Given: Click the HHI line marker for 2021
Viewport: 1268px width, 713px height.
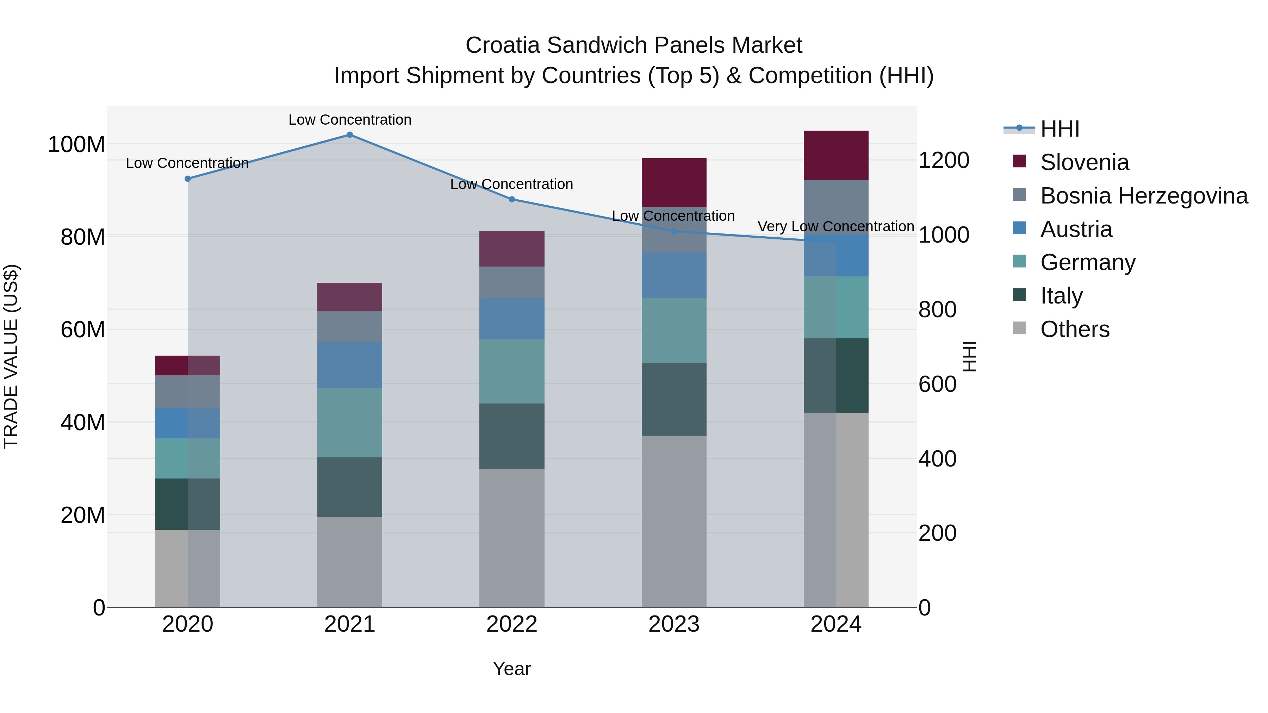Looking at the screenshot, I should pyautogui.click(x=349, y=135).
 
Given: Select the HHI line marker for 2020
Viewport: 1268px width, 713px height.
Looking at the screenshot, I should pyautogui.click(x=187, y=179).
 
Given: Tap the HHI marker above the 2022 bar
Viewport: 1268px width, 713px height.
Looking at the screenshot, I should pyautogui.click(x=512, y=199).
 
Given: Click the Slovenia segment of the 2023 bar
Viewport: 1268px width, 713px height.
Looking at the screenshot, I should pyautogui.click(x=674, y=182).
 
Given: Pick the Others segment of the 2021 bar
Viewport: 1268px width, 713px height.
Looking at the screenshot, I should pyautogui.click(x=349, y=562).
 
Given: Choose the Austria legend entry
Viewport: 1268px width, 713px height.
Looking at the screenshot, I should pyautogui.click(x=1076, y=229).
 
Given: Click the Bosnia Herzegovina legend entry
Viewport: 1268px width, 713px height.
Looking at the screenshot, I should pyautogui.click(x=1143, y=196).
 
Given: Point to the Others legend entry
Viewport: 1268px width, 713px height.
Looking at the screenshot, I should pyautogui.click(x=1075, y=329).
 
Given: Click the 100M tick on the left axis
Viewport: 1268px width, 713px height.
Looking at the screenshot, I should pyautogui.click(x=76, y=145).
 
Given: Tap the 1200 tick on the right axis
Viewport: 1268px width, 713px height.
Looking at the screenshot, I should pyautogui.click(x=944, y=161).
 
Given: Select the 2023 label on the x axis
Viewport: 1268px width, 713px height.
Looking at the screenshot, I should pyautogui.click(x=674, y=624).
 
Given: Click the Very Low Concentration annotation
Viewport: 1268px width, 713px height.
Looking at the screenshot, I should pyautogui.click(x=835, y=226).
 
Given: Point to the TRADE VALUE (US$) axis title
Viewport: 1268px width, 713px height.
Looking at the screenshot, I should pyautogui.click(x=11, y=356).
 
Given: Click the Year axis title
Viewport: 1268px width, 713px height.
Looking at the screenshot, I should pyautogui.click(x=512, y=669).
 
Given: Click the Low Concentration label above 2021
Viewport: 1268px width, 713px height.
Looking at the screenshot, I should pyautogui.click(x=349, y=120).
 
